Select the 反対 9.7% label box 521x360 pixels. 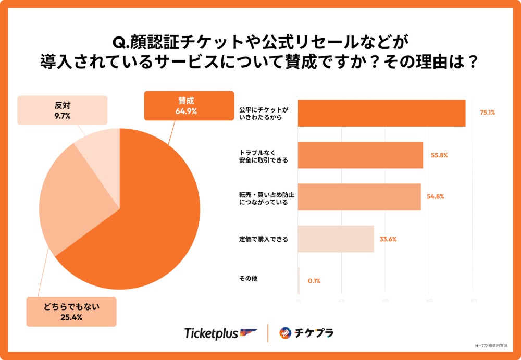click(x=62, y=110)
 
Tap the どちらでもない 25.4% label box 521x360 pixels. click(x=71, y=312)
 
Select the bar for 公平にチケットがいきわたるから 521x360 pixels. click(x=381, y=113)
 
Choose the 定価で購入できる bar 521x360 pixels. click(x=336, y=239)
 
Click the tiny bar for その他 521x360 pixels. click(x=299, y=281)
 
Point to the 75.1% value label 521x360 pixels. click(x=487, y=112)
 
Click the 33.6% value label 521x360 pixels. click(x=389, y=239)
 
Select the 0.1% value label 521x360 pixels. click(x=314, y=281)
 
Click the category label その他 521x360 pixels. click(x=245, y=279)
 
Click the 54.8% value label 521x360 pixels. click(x=436, y=197)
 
